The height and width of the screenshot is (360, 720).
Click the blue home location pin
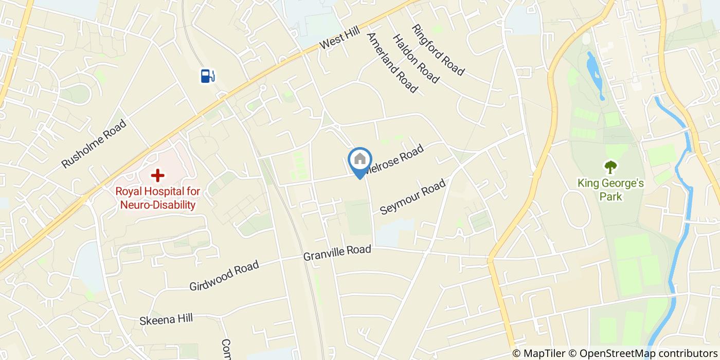click(359, 163)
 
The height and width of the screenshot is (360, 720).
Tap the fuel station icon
click(207, 76)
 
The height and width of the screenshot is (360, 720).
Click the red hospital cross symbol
click(157, 175)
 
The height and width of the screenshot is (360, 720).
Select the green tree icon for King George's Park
click(610, 167)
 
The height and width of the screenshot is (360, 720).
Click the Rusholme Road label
click(94, 143)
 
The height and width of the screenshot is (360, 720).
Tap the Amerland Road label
click(391, 63)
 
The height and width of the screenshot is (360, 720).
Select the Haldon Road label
click(416, 59)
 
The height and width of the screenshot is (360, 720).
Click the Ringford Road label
click(438, 50)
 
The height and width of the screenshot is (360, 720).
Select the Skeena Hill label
click(166, 319)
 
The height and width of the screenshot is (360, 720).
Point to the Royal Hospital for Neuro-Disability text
click(157, 198)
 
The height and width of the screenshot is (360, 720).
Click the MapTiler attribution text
click(538, 353)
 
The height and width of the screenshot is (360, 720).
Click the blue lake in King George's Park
click(595, 72)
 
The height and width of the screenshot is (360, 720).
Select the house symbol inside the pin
click(359, 158)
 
